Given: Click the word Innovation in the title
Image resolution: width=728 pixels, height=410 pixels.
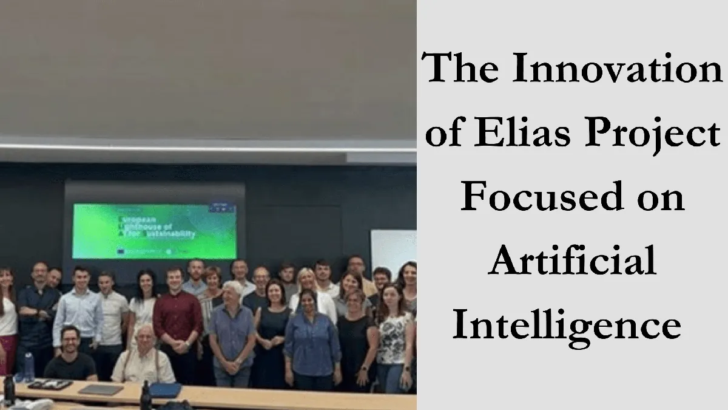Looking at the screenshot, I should pos(618,68).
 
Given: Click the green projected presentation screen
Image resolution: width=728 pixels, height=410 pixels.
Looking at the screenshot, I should pos(154,230).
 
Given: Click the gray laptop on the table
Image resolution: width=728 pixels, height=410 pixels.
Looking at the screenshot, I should pos(101,389).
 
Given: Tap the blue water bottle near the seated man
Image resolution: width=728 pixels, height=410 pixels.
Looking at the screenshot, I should pos(29,367).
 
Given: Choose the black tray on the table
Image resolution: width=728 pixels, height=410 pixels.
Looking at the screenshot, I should pos(50,384).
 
